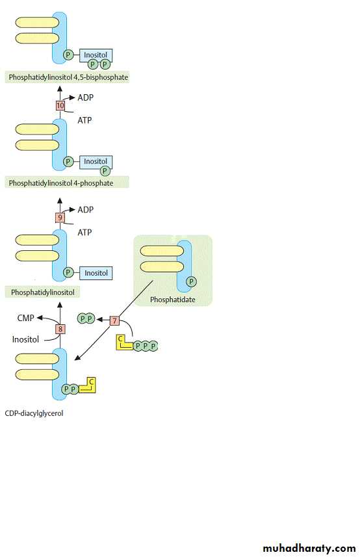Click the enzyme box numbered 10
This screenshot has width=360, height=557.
(x=60, y=105)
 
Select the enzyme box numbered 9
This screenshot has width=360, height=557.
(x=60, y=218)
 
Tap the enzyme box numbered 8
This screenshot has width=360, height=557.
(x=60, y=329)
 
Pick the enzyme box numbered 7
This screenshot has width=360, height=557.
(x=114, y=320)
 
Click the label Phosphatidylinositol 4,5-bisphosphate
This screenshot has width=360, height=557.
(x=68, y=77)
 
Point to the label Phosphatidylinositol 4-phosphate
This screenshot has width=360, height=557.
(x=61, y=183)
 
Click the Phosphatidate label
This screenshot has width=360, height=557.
(x=173, y=300)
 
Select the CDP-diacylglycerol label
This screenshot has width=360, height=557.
(x=34, y=413)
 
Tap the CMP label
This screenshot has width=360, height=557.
(x=25, y=318)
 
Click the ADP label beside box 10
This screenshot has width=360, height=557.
(x=86, y=97)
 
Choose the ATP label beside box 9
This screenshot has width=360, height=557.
(x=84, y=232)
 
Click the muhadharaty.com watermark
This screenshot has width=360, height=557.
(x=309, y=548)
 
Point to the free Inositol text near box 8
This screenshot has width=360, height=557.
(x=25, y=340)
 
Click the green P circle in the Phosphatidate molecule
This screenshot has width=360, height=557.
(x=191, y=281)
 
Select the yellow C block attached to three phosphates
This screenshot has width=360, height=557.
(x=124, y=343)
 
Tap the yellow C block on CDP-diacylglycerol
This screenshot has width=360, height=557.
(x=88, y=385)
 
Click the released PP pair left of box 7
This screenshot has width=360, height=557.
(x=86, y=318)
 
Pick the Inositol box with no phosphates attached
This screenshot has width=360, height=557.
(x=96, y=273)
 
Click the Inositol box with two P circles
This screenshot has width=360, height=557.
(x=96, y=55)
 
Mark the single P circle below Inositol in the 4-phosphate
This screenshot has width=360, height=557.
(x=105, y=171)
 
